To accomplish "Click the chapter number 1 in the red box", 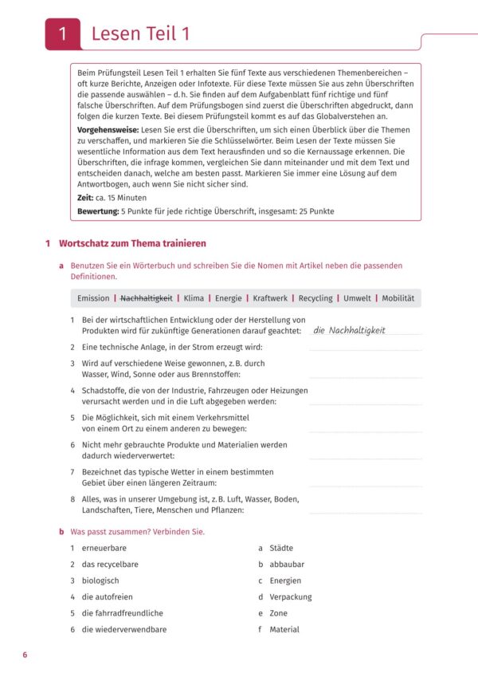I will (63, 34).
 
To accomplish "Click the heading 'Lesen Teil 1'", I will (140, 34).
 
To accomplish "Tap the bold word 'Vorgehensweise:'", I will (108, 129).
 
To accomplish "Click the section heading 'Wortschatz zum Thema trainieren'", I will (132, 242).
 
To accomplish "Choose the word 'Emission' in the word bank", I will (93, 298).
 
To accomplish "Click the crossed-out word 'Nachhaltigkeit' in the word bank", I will (146, 298).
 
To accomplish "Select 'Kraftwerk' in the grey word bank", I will (272, 298).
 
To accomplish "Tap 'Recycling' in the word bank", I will (315, 298).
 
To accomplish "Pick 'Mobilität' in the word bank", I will (398, 298).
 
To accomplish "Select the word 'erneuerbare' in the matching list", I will (104, 549).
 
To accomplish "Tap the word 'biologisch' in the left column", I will (100, 581).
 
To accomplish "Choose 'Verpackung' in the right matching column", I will (290, 597).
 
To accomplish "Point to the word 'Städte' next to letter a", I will (280, 549).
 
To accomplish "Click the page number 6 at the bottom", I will (25, 655).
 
